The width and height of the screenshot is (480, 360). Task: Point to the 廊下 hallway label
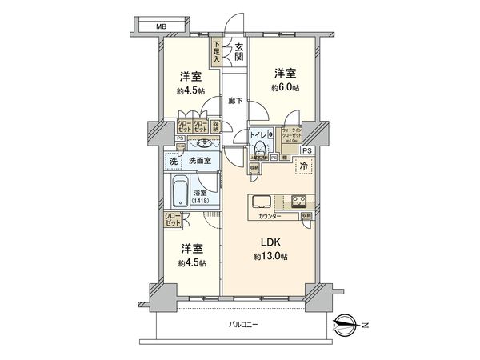[x=234, y=102]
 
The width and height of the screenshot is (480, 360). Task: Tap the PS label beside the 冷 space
[x=307, y=150]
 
